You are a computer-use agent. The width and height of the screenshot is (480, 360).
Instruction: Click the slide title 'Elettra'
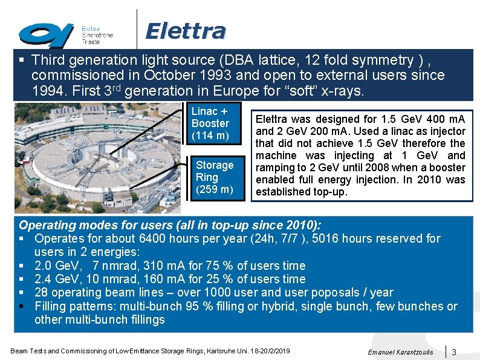tap(186, 30)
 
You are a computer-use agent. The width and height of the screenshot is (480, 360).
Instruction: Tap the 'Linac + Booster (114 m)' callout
tap(210, 123)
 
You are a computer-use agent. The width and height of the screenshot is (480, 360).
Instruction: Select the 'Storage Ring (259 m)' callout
tap(214, 177)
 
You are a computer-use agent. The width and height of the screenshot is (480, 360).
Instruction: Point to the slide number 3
tap(454, 352)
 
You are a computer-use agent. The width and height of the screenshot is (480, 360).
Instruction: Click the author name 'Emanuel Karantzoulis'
tap(400, 352)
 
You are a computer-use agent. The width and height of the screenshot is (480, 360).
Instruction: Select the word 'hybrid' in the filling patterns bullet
tap(280, 306)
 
